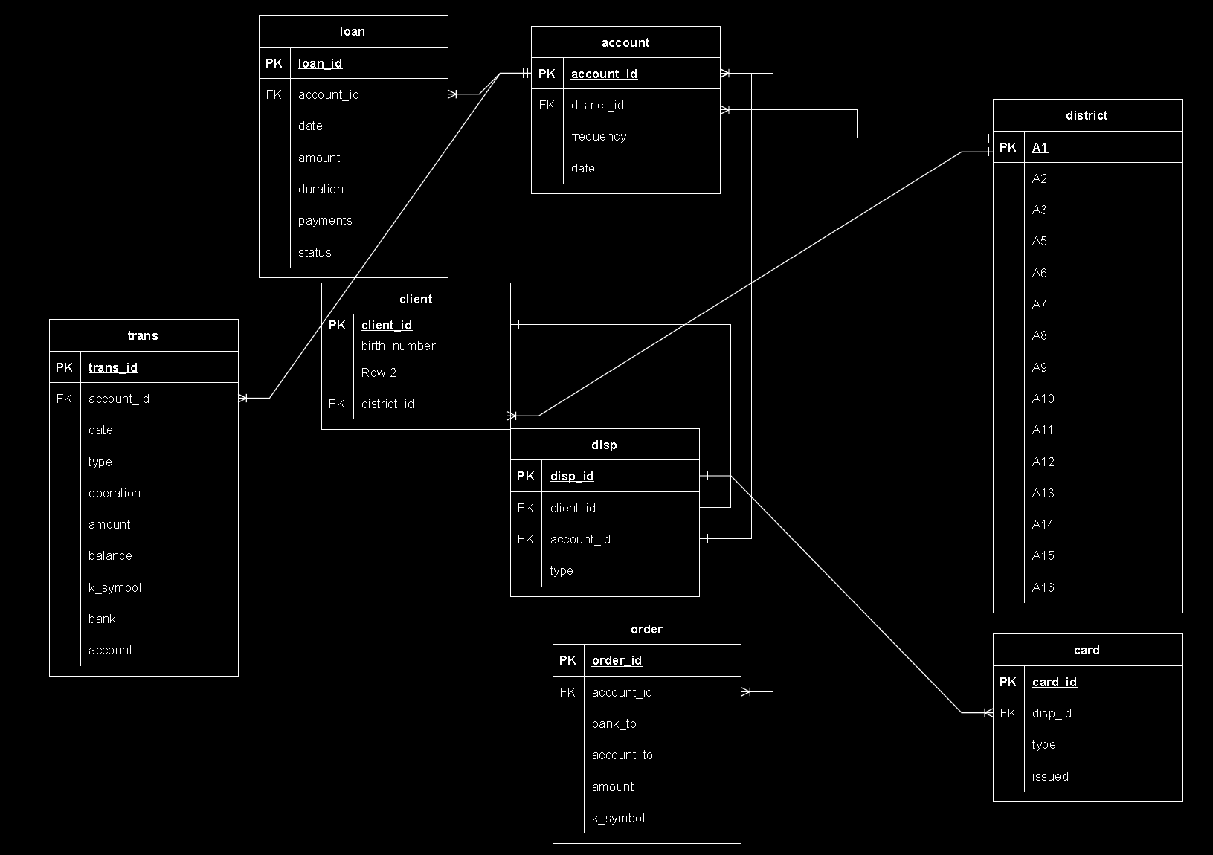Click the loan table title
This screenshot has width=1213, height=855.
pos(353,31)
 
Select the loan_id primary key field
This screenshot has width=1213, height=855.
pos(320,63)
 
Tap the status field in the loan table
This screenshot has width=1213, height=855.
pos(315,252)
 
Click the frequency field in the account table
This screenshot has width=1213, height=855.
pos(599,136)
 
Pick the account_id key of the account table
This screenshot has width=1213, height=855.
pos(604,74)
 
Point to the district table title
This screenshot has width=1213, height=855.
pos(1087,115)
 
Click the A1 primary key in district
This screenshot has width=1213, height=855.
pos(1040,147)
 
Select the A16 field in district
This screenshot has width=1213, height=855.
pos(1043,587)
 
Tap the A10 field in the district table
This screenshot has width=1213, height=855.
pos(1043,399)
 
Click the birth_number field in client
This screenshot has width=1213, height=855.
pos(398,346)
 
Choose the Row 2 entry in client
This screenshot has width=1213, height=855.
pos(379,372)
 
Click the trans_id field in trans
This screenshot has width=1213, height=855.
pos(112,367)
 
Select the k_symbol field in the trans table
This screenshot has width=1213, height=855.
pos(115,587)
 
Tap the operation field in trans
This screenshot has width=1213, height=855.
pos(114,493)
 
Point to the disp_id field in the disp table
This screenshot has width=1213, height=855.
pos(571,476)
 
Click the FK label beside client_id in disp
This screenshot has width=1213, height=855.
pos(525,508)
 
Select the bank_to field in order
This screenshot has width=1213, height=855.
pos(614,723)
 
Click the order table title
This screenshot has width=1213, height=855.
pos(646,629)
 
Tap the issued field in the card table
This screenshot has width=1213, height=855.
pos(1049,776)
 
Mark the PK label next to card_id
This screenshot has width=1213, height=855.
pos(1008,682)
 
